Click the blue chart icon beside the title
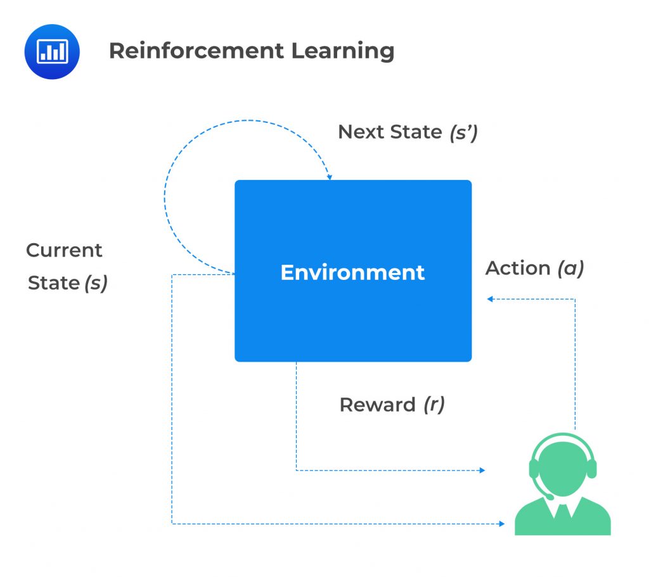(x=52, y=51)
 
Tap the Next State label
(x=390, y=132)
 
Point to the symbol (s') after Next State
(x=463, y=132)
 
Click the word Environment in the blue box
(x=352, y=272)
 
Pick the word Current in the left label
(x=64, y=250)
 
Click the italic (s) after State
(x=96, y=283)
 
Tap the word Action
(x=518, y=269)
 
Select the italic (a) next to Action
(x=570, y=269)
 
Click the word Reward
(x=377, y=405)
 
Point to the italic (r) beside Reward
(x=434, y=405)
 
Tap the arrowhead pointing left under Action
(x=490, y=299)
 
